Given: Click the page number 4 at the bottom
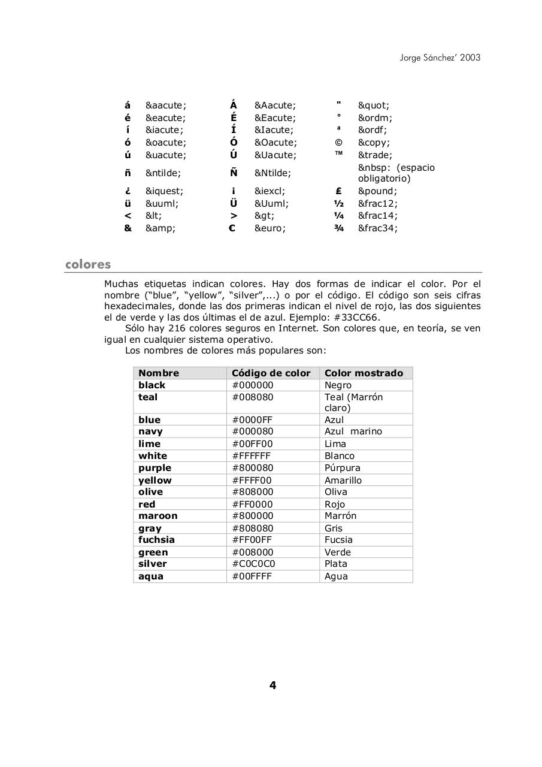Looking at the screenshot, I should pyautogui.click(x=272, y=686).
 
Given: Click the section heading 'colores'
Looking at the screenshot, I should pyautogui.click(x=88, y=264).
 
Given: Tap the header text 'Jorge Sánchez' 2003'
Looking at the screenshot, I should pyautogui.click(x=440, y=58).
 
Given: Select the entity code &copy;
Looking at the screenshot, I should pyautogui.click(x=374, y=143).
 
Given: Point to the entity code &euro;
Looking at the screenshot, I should pyautogui.click(x=270, y=228).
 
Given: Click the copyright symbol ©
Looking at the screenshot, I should pyautogui.click(x=338, y=143).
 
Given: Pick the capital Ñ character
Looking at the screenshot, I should pyautogui.click(x=234, y=173).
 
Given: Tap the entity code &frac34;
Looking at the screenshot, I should pyautogui.click(x=377, y=228).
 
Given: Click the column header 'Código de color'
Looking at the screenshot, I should pyautogui.click(x=271, y=373).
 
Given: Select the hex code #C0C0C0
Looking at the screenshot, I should pyautogui.click(x=253, y=564).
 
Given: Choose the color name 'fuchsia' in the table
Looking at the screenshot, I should pyautogui.click(x=156, y=540).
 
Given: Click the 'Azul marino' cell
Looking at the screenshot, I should pyautogui.click(x=353, y=431).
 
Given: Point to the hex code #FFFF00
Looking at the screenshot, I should pyautogui.click(x=252, y=480).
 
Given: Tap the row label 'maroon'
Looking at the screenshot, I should pyautogui.click(x=158, y=516).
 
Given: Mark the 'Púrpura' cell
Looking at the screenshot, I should pyautogui.click(x=342, y=468).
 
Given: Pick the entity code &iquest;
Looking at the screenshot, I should pyautogui.click(x=164, y=191).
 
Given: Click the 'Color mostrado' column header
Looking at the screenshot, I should pyautogui.click(x=364, y=373).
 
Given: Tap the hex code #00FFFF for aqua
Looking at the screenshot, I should pyautogui.click(x=252, y=576).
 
